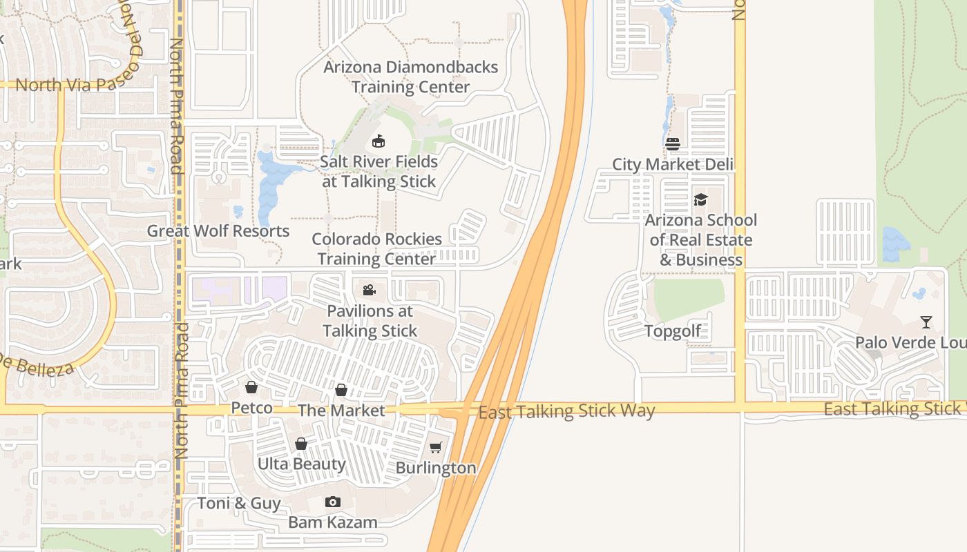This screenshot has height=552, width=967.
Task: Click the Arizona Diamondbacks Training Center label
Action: click(x=410, y=77)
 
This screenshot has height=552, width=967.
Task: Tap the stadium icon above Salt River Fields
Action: click(x=378, y=141)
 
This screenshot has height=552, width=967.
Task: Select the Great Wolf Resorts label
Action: click(x=218, y=231)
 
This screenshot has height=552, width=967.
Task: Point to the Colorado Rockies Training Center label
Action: click(x=376, y=248)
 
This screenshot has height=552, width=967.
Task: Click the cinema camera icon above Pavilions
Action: click(x=369, y=290)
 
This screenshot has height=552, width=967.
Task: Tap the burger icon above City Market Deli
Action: click(x=673, y=144)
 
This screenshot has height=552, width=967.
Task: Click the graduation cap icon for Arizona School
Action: click(x=700, y=200)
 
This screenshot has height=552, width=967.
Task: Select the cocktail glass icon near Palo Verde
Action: click(x=926, y=322)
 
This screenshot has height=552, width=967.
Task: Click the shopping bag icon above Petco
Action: click(x=251, y=388)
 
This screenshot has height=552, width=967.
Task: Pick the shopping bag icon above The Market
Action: click(x=341, y=390)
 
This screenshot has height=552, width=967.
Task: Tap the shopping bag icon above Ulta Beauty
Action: click(x=301, y=444)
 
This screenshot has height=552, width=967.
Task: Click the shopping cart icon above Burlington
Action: click(x=435, y=448)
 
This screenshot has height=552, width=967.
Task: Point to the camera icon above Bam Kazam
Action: click(x=333, y=502)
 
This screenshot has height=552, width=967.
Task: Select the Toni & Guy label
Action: click(x=239, y=503)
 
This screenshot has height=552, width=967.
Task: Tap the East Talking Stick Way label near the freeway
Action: click(x=566, y=412)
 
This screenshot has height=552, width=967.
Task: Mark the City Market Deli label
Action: click(x=672, y=165)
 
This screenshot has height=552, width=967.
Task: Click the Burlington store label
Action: click(x=435, y=468)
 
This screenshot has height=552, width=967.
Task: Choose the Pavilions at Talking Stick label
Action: click(x=370, y=321)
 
